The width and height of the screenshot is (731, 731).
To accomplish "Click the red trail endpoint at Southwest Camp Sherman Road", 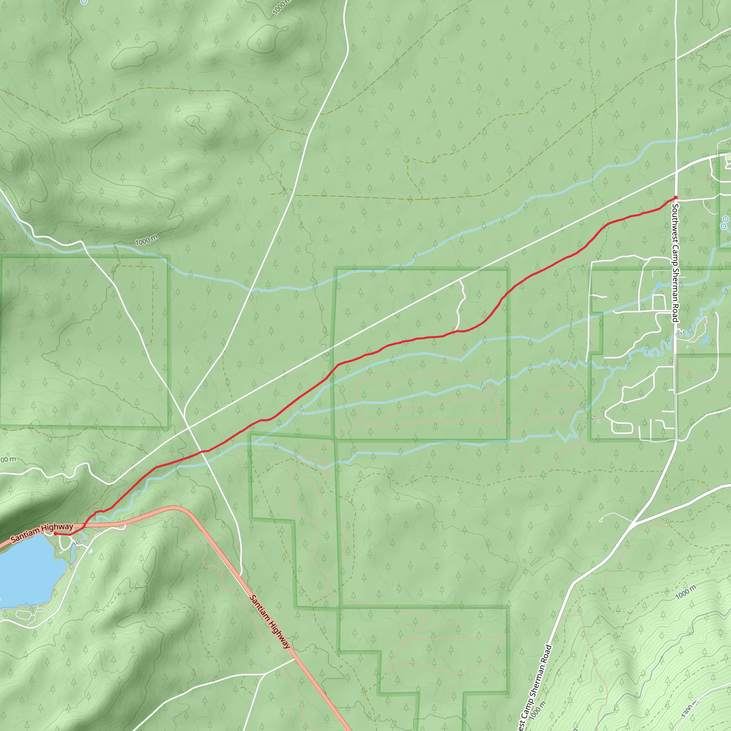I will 675,197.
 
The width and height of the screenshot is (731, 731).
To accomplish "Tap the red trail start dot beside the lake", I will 55,534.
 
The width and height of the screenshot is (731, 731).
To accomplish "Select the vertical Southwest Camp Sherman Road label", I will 675,263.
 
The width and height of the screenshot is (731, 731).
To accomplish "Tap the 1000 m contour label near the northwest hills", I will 146,240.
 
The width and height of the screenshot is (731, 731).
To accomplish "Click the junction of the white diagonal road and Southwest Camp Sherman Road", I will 676,172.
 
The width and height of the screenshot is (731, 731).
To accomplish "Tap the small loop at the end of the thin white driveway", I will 601,520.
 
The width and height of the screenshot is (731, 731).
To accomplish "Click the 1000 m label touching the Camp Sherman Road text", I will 538,710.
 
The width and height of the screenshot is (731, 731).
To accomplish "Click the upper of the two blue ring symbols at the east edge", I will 726,220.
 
